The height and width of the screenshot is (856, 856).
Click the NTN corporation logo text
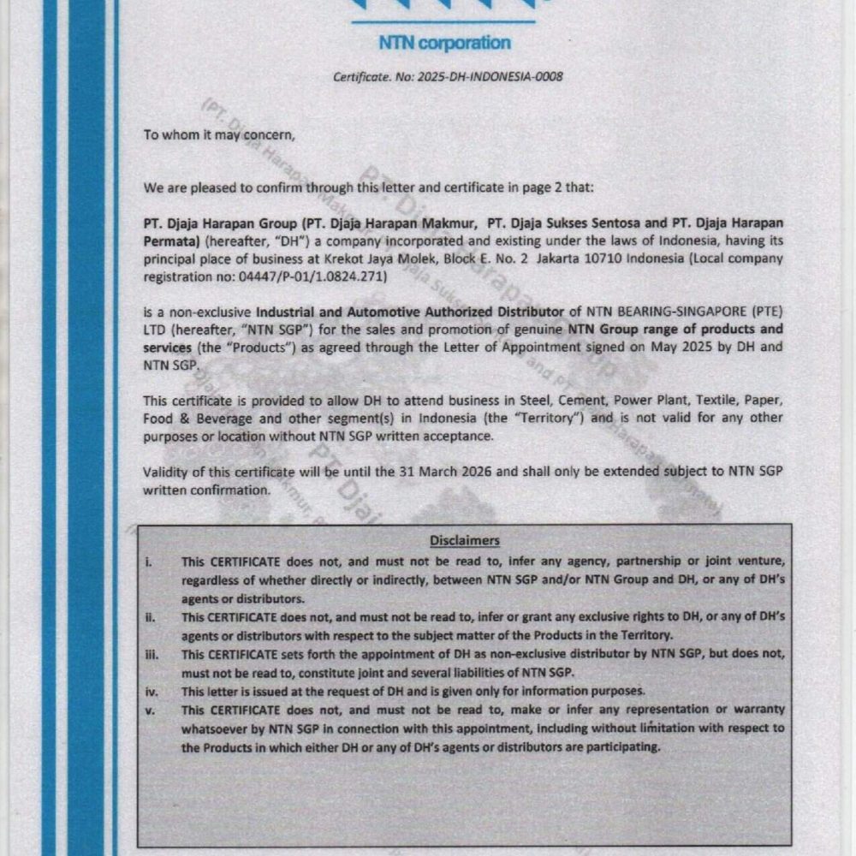[444, 42]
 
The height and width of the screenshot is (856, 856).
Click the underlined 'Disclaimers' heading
[464, 540]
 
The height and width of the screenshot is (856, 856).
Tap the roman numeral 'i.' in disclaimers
[148, 562]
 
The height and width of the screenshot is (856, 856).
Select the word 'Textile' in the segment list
[717, 401]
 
